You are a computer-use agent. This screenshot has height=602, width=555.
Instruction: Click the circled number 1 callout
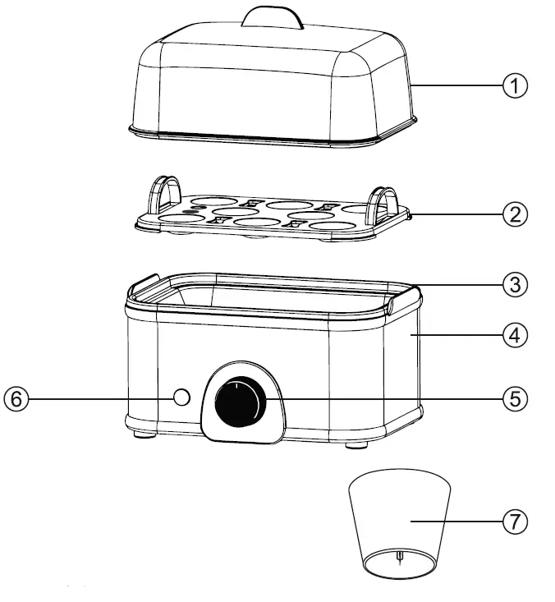click(x=515, y=85)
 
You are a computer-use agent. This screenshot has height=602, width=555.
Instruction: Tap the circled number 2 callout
click(x=515, y=216)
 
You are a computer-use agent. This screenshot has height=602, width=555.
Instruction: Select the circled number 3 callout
click(x=515, y=285)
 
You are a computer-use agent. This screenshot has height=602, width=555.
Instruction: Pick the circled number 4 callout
click(x=515, y=335)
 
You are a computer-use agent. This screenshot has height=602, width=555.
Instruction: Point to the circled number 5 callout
click(x=515, y=398)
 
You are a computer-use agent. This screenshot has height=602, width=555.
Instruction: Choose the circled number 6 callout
click(x=18, y=398)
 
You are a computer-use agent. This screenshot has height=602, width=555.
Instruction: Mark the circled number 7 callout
click(x=515, y=521)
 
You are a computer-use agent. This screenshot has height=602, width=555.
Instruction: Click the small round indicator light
click(x=181, y=398)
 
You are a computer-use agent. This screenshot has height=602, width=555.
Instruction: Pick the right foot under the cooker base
click(x=356, y=443)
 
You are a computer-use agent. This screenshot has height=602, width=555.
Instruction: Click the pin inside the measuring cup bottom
click(x=399, y=558)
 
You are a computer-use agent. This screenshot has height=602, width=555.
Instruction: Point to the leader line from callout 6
click(x=99, y=398)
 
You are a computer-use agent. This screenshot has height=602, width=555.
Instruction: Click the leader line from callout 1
click(x=456, y=85)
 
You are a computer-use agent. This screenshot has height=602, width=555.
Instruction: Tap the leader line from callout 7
click(x=456, y=521)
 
